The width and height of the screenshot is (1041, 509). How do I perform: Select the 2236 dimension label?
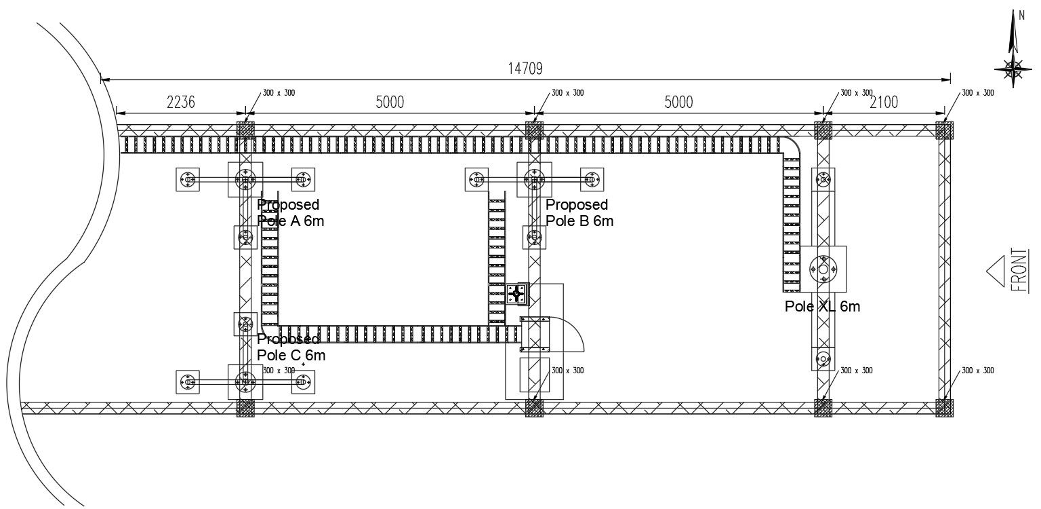(x=180, y=102)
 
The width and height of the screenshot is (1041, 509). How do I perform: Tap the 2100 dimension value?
(x=884, y=102)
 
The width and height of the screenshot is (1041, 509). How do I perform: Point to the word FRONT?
(x=1019, y=270)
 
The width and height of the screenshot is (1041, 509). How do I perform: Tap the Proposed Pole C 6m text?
(x=291, y=347)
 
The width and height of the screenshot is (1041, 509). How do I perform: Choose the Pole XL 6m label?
(x=822, y=307)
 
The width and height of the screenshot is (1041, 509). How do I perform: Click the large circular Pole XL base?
(x=823, y=268)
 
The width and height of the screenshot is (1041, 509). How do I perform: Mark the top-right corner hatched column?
(x=944, y=130)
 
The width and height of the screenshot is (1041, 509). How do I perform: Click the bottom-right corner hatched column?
(x=944, y=407)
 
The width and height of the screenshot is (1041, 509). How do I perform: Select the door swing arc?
(x=573, y=333)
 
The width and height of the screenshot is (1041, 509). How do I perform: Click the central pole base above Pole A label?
(x=245, y=180)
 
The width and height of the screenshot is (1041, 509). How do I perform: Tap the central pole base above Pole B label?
(x=535, y=180)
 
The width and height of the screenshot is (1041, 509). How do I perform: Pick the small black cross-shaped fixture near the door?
(x=518, y=294)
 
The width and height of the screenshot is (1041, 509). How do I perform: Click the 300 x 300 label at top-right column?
(x=978, y=92)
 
